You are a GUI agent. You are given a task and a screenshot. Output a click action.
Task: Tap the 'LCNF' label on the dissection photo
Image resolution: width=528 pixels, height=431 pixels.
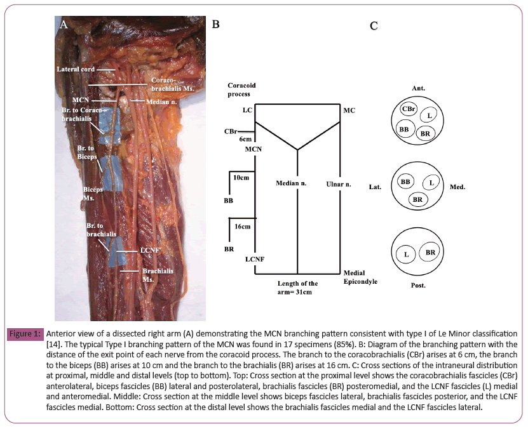tap(149, 251)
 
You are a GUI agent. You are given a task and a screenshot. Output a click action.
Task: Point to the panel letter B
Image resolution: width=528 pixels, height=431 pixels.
tap(215, 25)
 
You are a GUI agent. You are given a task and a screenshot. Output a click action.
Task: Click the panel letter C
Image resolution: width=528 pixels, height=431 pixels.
tap(374, 26)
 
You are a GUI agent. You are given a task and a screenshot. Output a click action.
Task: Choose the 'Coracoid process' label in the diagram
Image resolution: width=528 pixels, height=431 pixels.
tap(242, 89)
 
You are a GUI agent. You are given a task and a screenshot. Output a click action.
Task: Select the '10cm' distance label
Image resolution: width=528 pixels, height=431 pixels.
tap(241, 178)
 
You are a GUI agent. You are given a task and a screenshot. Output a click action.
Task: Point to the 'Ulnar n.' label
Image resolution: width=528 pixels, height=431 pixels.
tap(338, 184)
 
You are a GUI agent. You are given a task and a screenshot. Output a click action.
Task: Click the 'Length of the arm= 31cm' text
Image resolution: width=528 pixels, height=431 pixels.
tap(298, 288)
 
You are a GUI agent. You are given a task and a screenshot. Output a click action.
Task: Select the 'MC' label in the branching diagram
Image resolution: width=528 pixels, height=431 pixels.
tap(349, 110)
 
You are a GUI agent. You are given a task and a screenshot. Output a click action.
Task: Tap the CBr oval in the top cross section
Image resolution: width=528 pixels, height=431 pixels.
tap(408, 109)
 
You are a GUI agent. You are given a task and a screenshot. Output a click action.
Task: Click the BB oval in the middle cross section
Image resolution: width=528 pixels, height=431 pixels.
tap(405, 182)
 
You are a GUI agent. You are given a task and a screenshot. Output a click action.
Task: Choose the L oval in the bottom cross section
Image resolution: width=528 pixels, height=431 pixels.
tap(405, 255)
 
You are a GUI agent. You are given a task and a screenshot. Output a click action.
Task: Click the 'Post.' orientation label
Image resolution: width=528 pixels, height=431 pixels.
tap(417, 286)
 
